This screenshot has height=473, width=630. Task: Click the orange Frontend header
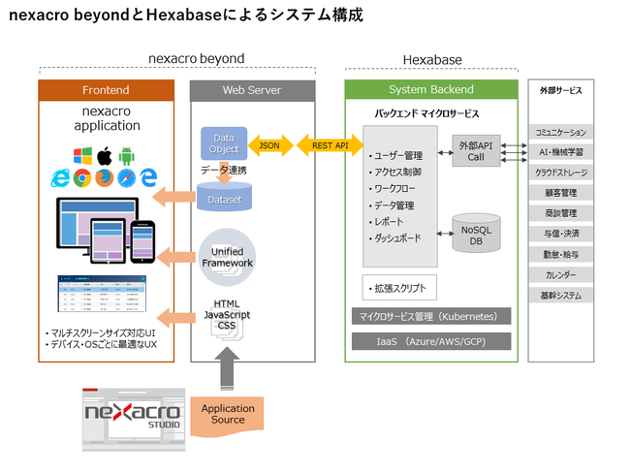coord(107,90)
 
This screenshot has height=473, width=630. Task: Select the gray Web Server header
coord(252,90)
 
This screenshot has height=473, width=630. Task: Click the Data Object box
coord(224,144)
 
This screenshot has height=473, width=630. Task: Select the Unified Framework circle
coord(227,257)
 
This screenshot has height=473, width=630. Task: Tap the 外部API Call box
coord(482,150)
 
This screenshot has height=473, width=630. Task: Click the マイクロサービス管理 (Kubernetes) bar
coord(429,317)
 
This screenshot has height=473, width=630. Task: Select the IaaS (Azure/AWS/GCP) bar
coord(429,342)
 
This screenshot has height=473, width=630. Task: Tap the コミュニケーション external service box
coord(561,132)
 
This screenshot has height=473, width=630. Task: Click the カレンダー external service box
coord(561,274)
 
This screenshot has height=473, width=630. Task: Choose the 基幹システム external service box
coord(561,295)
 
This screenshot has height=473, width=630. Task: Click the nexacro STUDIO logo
coord(131,414)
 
